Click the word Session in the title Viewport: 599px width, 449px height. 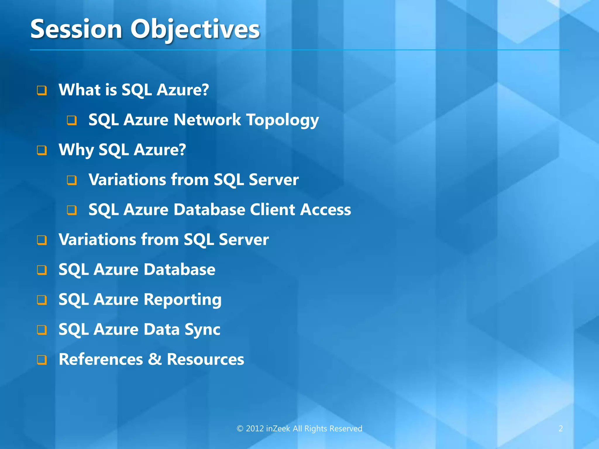pos(76,29)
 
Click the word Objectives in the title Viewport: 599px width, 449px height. pos(195,29)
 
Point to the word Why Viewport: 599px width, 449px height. pos(76,150)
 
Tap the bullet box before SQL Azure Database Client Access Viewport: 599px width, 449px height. pos(72,210)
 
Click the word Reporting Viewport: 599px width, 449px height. pos(183,300)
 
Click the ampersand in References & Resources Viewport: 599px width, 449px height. pos(155,359)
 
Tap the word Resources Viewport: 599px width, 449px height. pos(205,360)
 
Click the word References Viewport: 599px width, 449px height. pos(101,360)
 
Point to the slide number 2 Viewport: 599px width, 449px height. pos(560,429)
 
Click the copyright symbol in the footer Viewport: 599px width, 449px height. pos(240,429)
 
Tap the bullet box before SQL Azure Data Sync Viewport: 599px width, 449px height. pos(42,330)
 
